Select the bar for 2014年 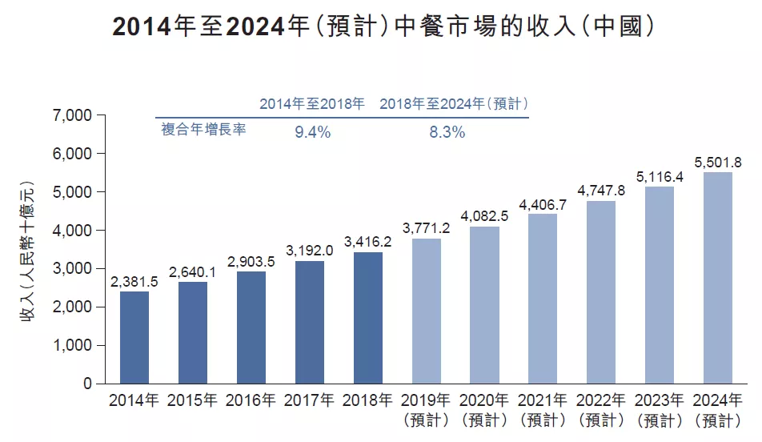pos(134,337)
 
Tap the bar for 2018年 pos(367,318)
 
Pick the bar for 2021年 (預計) pos(543,299)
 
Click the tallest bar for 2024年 pos(717,278)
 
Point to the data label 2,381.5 pos(134,282)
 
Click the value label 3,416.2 pos(367,242)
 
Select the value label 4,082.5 pos(484,216)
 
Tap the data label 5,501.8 pos(718,162)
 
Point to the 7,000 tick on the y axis pos(72,115)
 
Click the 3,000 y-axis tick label pos(72,269)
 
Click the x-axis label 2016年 pos(251,400)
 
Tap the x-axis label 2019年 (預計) pos(426,409)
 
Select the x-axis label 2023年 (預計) pos(659,409)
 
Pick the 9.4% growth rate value pos(312,133)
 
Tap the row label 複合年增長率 pos(203,129)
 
